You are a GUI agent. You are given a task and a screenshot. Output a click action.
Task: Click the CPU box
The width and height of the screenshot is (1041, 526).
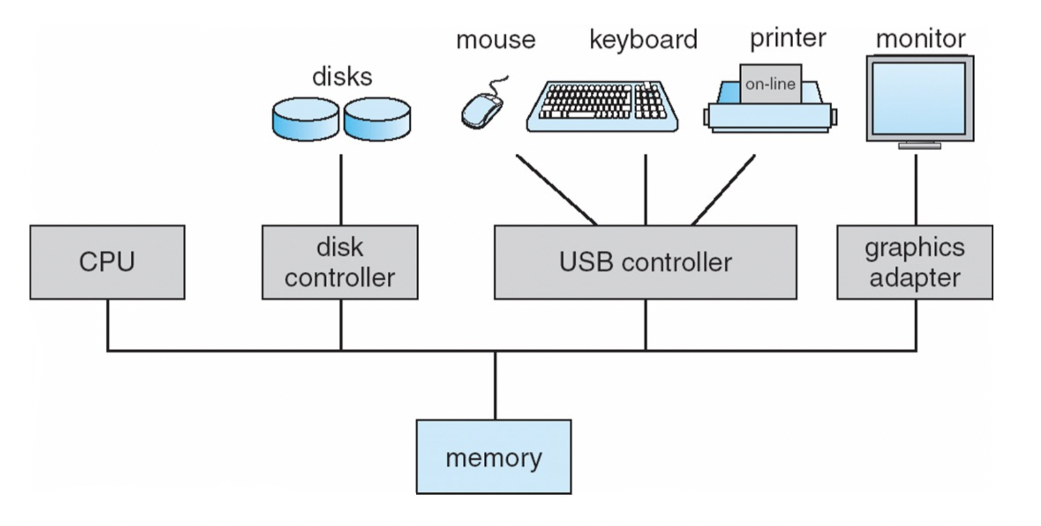click(107, 262)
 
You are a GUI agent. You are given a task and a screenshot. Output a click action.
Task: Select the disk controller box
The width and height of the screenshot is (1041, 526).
click(340, 262)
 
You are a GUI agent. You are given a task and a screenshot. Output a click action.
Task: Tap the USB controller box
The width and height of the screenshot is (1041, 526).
click(645, 262)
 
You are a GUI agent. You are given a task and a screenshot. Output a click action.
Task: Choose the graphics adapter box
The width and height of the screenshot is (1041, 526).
click(914, 262)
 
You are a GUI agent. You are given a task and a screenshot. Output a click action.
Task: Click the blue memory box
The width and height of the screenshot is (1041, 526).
click(493, 457)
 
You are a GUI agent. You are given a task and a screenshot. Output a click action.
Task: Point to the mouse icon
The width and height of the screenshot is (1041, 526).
click(482, 110)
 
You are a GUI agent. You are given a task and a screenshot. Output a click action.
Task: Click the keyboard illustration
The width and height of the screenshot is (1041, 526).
click(602, 107)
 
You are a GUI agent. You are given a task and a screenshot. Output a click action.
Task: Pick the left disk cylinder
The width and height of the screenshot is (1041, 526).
click(306, 119)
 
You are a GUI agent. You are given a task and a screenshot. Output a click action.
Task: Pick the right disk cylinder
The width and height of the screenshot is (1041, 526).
click(377, 119)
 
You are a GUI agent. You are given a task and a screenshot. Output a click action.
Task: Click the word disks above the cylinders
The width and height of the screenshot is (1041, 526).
click(342, 77)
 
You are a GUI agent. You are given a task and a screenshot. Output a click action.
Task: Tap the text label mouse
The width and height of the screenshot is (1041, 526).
click(496, 40)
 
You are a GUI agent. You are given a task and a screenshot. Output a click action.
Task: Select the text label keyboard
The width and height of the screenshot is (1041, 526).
click(644, 40)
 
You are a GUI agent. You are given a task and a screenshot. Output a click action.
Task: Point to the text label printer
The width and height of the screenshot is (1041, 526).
click(788, 38)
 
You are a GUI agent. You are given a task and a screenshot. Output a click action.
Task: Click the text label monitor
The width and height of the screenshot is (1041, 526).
click(920, 39)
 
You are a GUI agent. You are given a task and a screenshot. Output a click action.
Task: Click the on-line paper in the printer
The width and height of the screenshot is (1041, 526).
click(770, 83)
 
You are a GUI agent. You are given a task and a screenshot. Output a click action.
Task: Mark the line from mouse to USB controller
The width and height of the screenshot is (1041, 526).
click(557, 190)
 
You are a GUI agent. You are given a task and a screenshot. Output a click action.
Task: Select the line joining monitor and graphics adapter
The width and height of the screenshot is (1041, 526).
click(916, 190)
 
